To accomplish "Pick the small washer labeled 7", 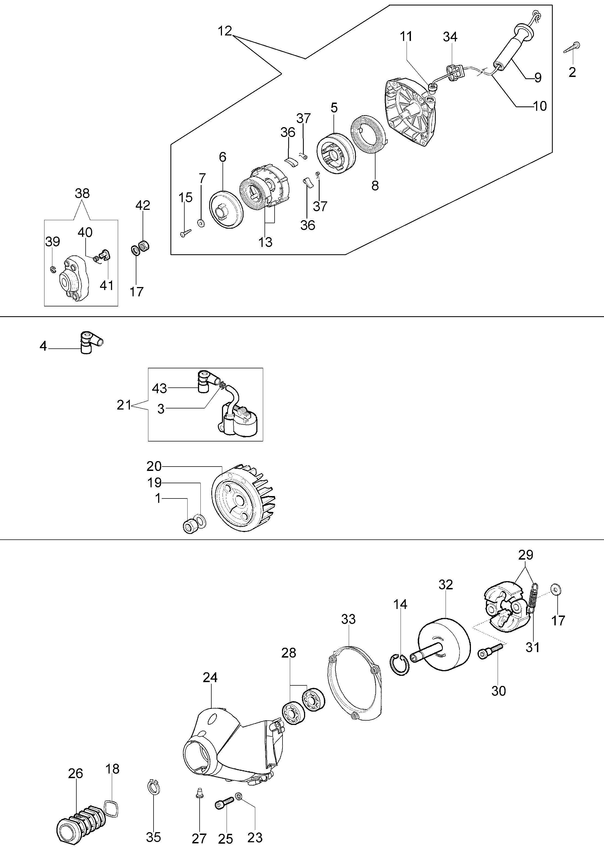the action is point(201,223).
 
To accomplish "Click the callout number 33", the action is point(348,619).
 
